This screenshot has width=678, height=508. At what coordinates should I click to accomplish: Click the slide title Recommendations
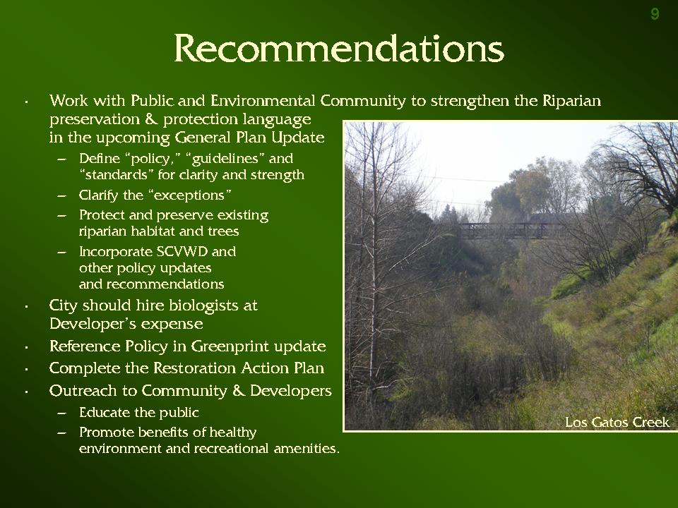point(339,49)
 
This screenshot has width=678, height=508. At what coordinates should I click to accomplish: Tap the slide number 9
point(655,14)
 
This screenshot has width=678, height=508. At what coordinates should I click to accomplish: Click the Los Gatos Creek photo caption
point(617,422)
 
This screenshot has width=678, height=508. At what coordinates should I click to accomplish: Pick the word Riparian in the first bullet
point(571,101)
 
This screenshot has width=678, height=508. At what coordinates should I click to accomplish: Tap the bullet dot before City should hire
point(26,307)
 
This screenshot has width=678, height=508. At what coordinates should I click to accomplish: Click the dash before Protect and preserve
point(62,216)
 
